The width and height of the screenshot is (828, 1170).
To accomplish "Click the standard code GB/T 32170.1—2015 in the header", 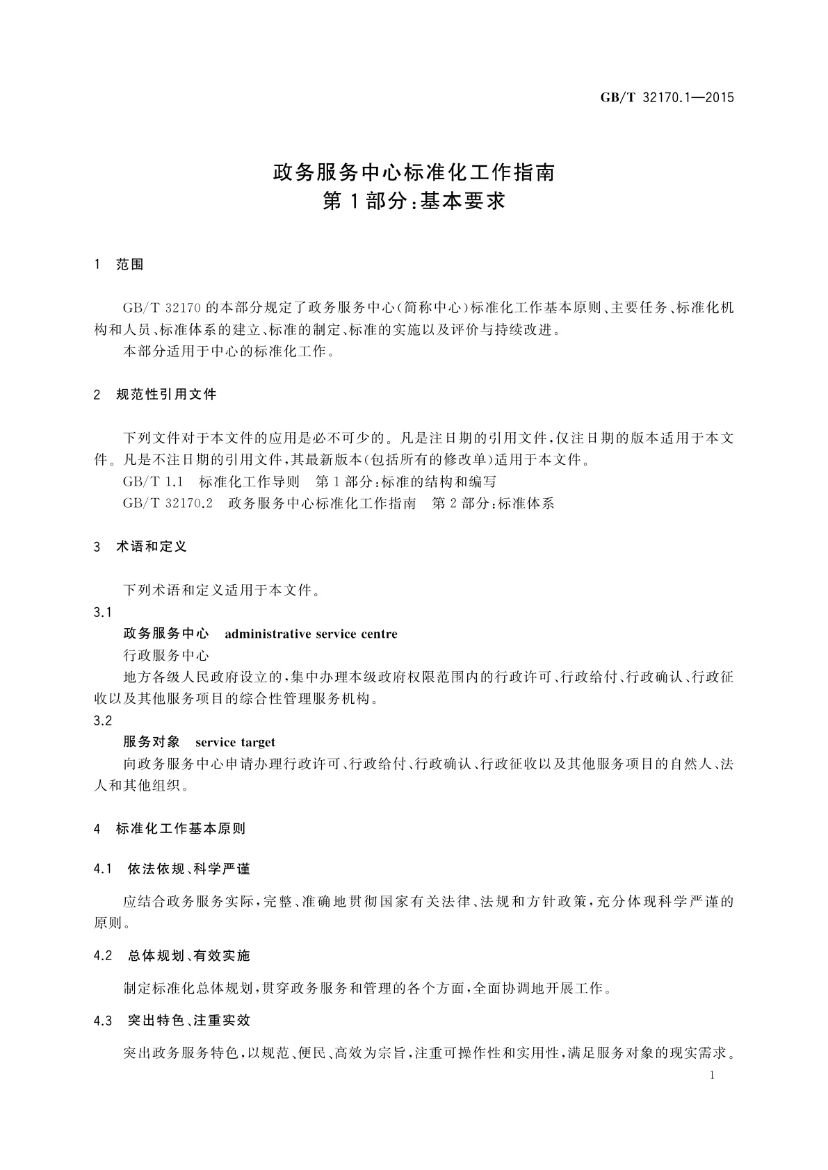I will [x=667, y=97].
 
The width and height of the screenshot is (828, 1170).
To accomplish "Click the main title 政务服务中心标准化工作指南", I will [x=414, y=172].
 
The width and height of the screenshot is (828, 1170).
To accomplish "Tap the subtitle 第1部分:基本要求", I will [x=414, y=202].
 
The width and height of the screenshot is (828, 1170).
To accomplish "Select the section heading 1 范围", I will [x=119, y=265].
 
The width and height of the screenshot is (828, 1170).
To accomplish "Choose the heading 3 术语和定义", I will [x=140, y=547].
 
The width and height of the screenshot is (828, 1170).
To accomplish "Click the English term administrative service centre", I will [x=311, y=634].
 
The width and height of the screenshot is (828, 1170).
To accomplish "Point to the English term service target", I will [x=235, y=742].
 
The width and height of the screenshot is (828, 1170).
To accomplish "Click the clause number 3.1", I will [x=103, y=612].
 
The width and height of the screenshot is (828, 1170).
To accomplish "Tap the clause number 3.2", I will [x=103, y=720].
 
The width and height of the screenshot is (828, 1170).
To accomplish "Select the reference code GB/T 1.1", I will [x=152, y=481].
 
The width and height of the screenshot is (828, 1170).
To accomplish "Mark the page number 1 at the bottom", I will [x=713, y=1076].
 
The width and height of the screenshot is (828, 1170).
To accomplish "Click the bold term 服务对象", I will [x=152, y=742].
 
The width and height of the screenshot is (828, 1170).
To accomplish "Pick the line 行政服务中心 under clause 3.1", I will [x=165, y=655].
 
